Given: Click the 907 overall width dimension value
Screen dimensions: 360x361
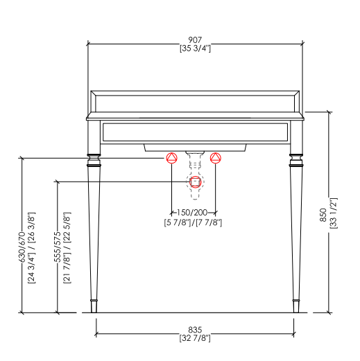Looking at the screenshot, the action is (x=195, y=40).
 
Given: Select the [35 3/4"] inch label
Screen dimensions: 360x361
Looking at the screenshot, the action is (x=195, y=49).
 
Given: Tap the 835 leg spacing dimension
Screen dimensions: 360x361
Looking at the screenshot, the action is (x=195, y=329).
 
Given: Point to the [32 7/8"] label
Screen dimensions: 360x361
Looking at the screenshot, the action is (x=195, y=338).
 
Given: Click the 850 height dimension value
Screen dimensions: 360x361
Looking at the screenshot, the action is (x=323, y=215).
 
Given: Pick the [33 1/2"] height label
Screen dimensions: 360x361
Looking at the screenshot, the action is (x=334, y=213).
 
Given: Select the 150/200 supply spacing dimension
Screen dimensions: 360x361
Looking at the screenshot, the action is (x=192, y=212).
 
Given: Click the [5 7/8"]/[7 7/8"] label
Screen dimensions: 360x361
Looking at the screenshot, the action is (x=193, y=222).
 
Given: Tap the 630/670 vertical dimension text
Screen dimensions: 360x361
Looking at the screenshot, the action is (x=22, y=247).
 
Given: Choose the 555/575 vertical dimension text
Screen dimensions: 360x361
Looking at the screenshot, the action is (x=58, y=247).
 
